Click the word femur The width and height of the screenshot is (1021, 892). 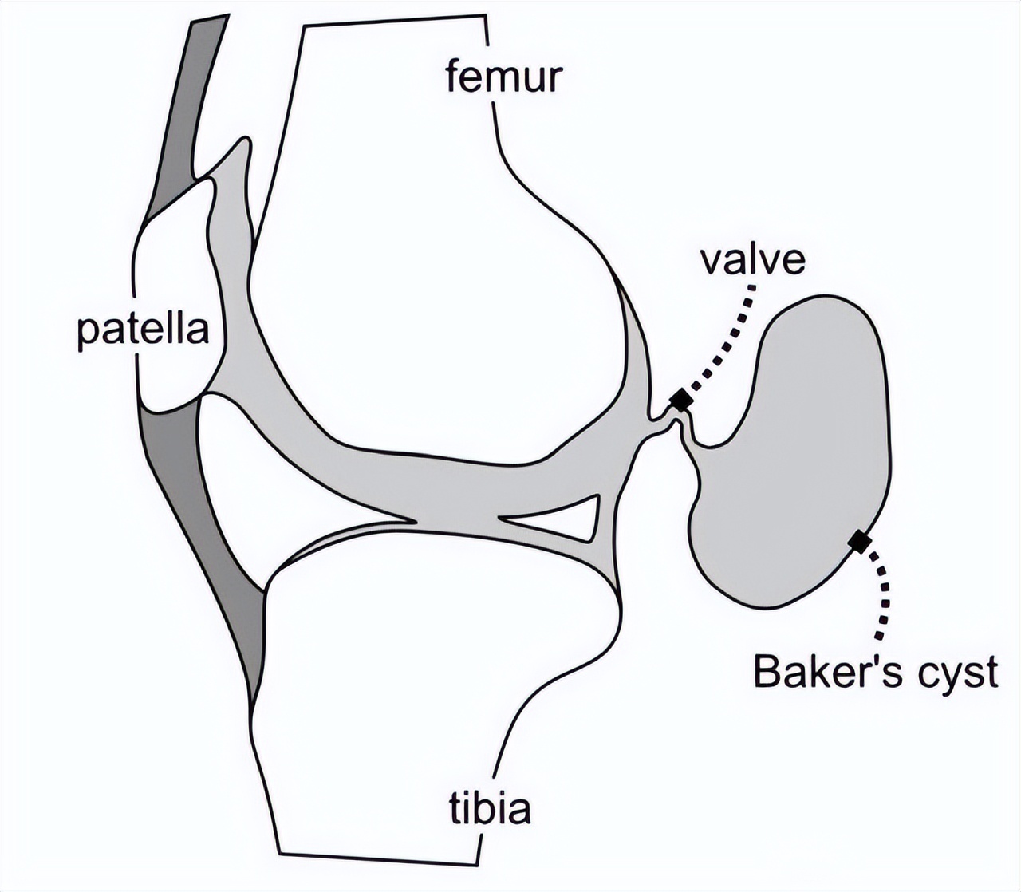[x=503, y=77]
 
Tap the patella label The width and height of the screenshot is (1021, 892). [x=143, y=329]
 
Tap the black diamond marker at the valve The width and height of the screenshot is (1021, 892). [x=680, y=400]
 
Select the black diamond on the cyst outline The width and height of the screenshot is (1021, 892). [x=859, y=541]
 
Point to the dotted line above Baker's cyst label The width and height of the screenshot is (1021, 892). [x=882, y=594]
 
